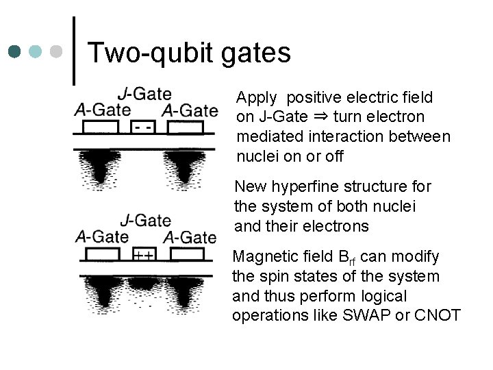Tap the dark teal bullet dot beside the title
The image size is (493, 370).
(x=14, y=51)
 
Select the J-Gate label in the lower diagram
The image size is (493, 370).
(x=146, y=221)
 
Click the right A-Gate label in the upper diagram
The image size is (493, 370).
(x=190, y=110)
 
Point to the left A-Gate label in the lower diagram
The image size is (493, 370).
(x=102, y=236)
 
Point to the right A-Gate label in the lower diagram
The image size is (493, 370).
(x=190, y=238)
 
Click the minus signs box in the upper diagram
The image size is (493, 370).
(x=144, y=128)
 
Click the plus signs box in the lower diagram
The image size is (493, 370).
(x=143, y=256)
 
